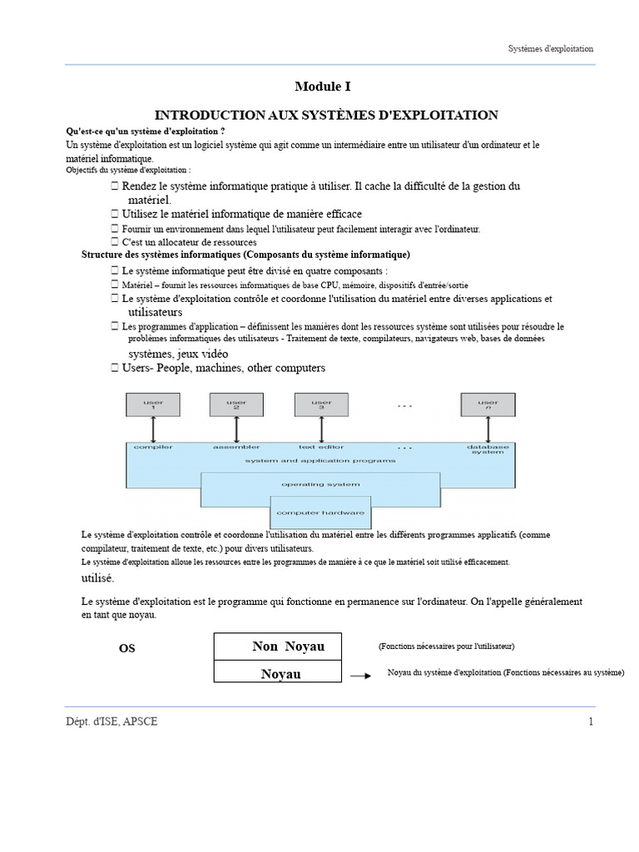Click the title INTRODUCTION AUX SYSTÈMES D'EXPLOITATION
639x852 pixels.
327,115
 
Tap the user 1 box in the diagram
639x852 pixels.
153,405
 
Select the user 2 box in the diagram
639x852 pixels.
236,405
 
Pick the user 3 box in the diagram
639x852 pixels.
321,405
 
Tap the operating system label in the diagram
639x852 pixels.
320,484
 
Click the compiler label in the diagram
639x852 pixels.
153,448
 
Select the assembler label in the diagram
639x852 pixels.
236,448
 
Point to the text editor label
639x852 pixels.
321,448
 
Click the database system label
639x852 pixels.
488,450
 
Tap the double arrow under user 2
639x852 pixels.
236,429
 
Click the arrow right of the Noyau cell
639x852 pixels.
359,676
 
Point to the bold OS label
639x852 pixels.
126,649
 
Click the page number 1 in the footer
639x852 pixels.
591,721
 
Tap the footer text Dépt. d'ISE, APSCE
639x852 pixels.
111,721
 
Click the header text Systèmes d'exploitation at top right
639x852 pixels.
551,49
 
